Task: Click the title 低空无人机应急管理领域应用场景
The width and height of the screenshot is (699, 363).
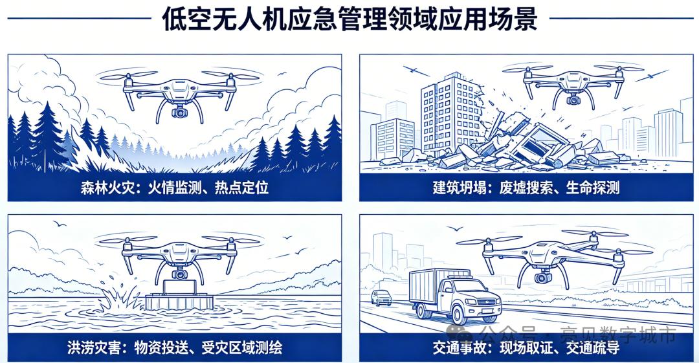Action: (x=349, y=18)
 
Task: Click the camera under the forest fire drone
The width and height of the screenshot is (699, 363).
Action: (x=179, y=111)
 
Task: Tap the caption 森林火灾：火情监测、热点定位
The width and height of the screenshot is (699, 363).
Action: (x=175, y=187)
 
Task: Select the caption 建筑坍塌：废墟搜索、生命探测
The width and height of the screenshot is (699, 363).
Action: (x=526, y=187)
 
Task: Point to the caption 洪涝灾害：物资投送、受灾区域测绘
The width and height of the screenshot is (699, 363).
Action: (x=175, y=347)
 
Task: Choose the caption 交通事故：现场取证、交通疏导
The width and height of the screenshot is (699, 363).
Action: (x=526, y=347)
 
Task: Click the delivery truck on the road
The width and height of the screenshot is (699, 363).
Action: (x=455, y=296)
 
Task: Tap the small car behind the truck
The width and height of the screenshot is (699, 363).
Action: (x=381, y=298)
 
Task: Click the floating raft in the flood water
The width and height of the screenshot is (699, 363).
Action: (x=179, y=302)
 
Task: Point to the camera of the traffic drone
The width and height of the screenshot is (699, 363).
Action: (x=543, y=278)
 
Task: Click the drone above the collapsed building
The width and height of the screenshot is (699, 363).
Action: (x=573, y=85)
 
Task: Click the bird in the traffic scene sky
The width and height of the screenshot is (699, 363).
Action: (x=455, y=228)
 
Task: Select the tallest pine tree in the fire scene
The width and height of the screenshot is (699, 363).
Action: (x=46, y=134)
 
